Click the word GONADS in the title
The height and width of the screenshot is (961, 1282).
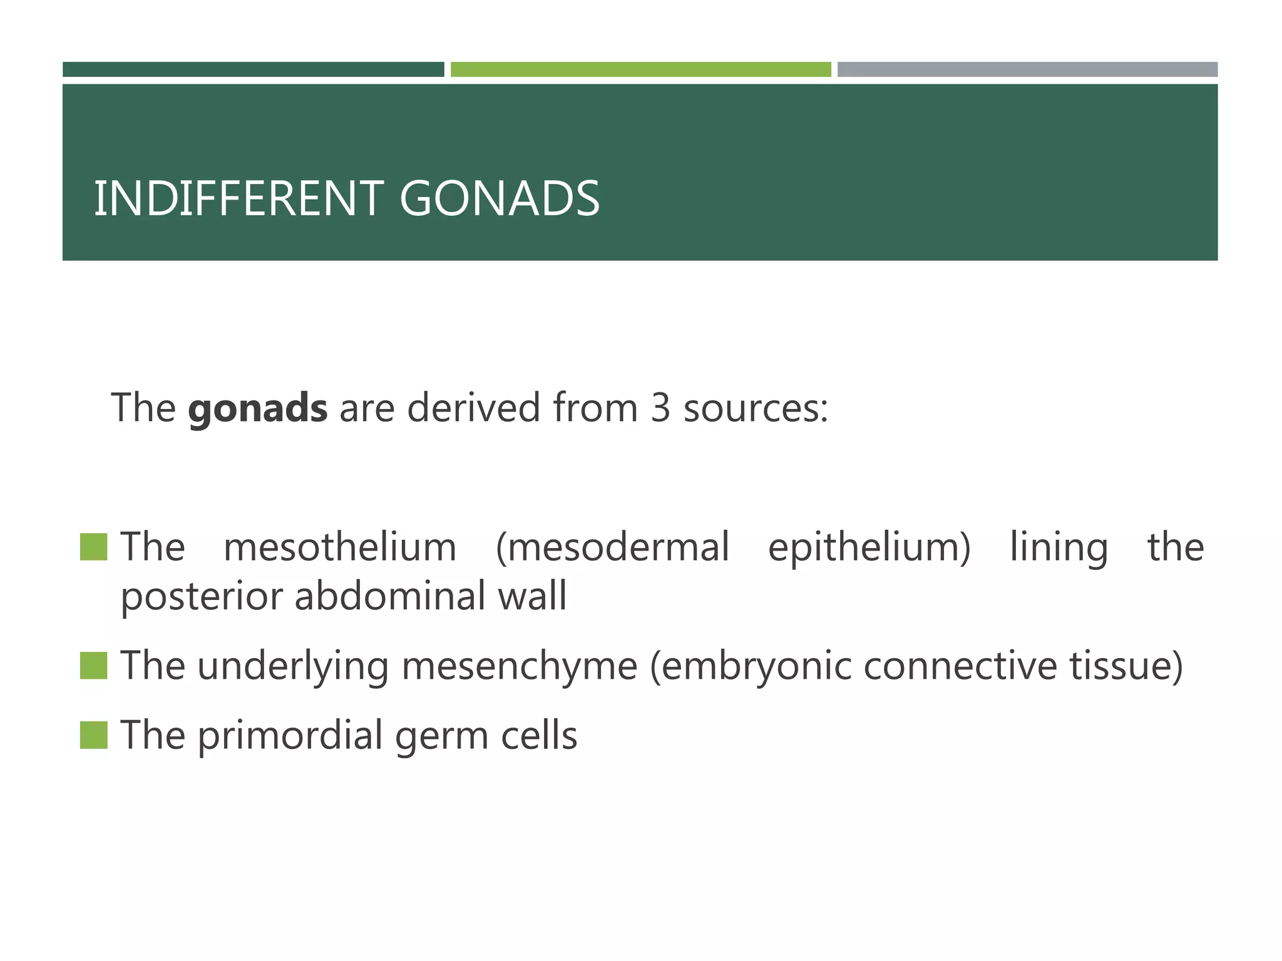point(499,199)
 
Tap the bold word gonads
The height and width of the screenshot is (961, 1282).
point(257,408)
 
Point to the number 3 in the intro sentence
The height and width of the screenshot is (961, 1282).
point(660,408)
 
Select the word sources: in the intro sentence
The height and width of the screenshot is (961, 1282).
point(756,408)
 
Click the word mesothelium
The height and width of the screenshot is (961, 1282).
point(340,547)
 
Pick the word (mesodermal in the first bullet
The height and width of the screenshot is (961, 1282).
point(612,547)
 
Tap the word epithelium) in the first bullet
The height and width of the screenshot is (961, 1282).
point(869,547)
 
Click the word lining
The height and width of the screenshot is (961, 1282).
point(1059,547)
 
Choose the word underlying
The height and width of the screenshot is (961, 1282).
point(293,666)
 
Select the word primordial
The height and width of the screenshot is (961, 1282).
point(290,735)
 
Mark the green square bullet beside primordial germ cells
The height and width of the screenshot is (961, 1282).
point(94,735)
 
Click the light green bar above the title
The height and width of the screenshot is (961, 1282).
point(640,69)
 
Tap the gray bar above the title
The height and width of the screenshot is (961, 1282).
point(1027,69)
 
